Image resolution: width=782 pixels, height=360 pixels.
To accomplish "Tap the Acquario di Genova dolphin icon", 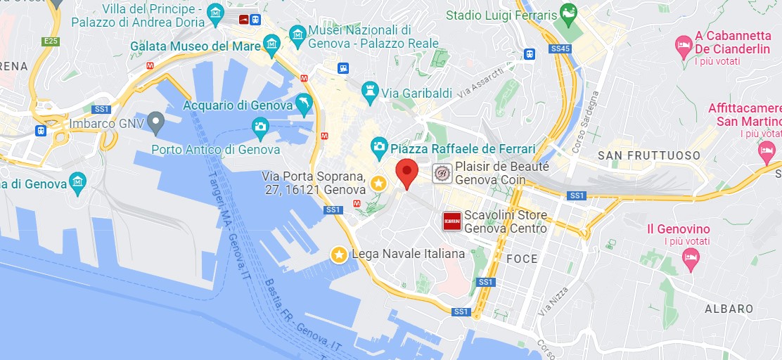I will pyautogui.click(x=304, y=103).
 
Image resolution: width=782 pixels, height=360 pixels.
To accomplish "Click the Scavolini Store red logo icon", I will pyautogui.click(x=451, y=221).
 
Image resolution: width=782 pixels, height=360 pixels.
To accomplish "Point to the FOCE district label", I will pyautogui.click(x=522, y=259).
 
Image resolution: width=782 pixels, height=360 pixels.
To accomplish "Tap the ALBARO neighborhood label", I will pyautogui.click(x=729, y=309).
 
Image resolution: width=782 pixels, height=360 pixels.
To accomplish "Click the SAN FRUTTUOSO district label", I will pyautogui.click(x=648, y=155).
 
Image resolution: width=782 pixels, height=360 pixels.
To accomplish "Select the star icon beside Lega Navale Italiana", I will pyautogui.click(x=340, y=254).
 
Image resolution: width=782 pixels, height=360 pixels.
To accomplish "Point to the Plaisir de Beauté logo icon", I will pyautogui.click(x=442, y=173).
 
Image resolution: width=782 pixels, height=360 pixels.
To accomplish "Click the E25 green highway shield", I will pyautogui.click(x=50, y=41).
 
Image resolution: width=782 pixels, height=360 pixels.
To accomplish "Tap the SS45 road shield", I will pyautogui.click(x=560, y=49).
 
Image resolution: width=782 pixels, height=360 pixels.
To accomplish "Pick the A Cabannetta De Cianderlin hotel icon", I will pyautogui.click(x=683, y=47).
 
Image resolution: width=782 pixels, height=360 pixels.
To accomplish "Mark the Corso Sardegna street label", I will pyautogui.click(x=590, y=121).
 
